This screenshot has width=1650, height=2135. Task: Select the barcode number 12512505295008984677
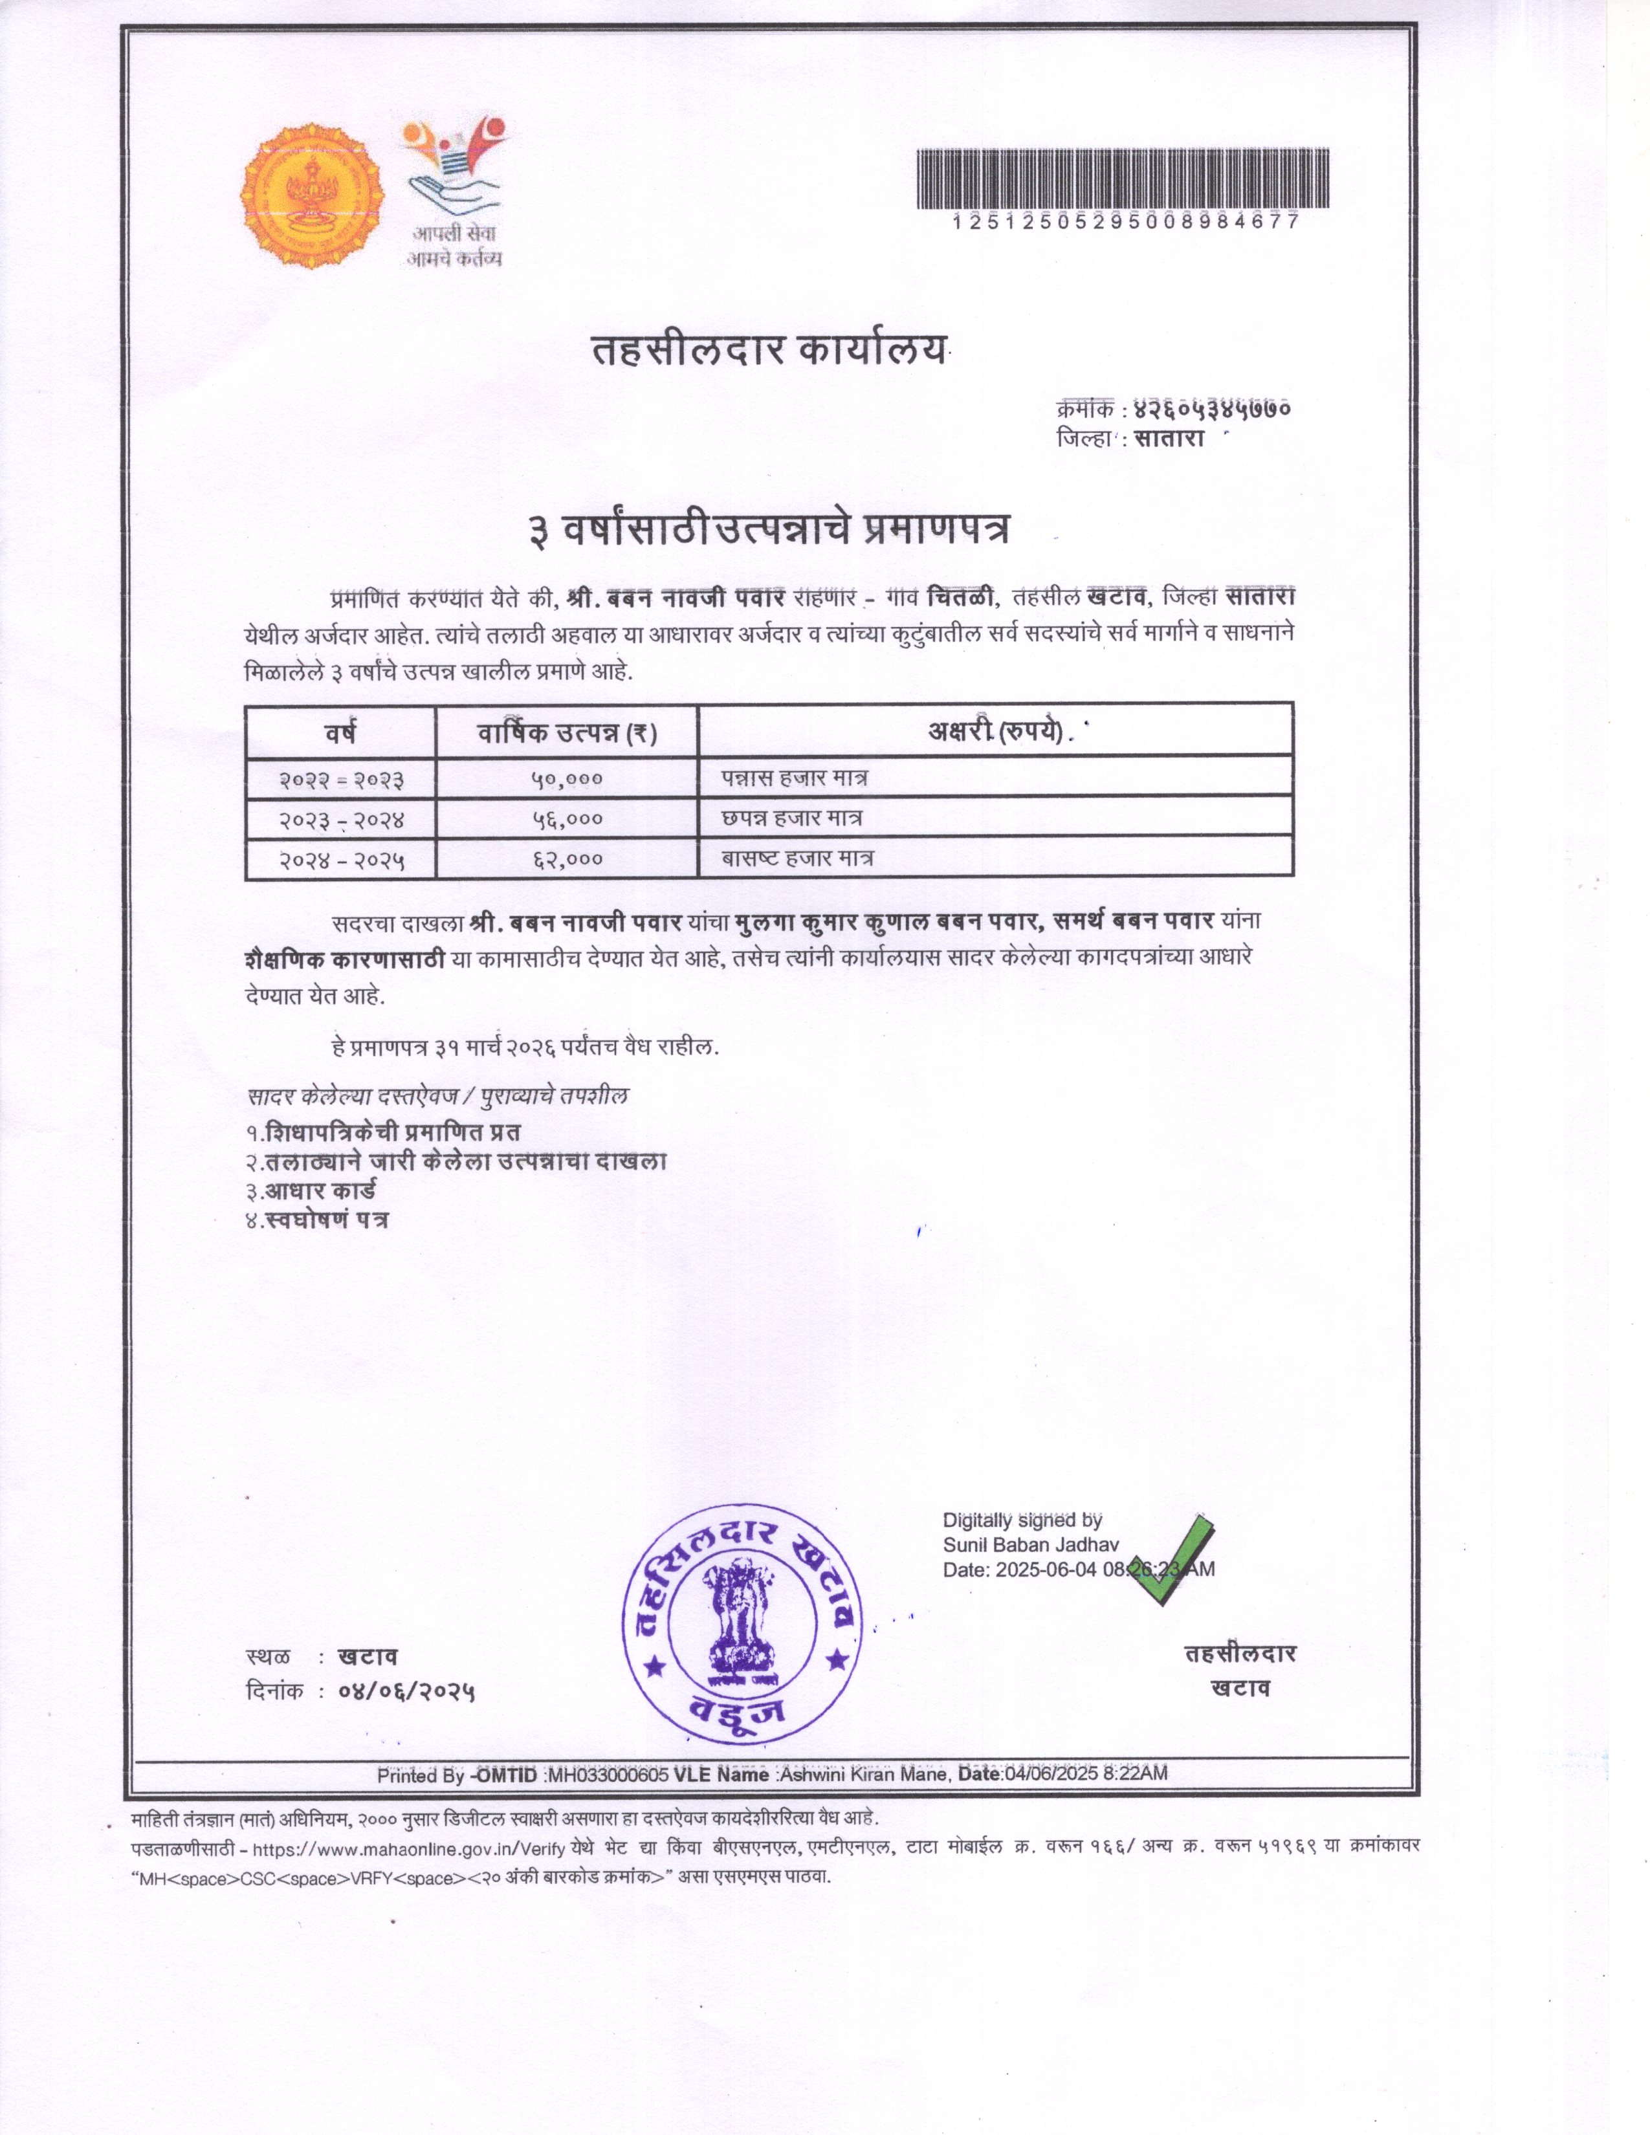1125,222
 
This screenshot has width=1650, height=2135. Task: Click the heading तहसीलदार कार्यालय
770,351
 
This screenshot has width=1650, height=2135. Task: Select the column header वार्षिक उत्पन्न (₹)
567,733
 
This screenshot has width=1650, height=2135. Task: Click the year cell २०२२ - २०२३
341,779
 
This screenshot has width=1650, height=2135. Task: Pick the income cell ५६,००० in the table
567,819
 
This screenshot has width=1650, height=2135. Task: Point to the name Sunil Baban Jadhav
1030,1544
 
